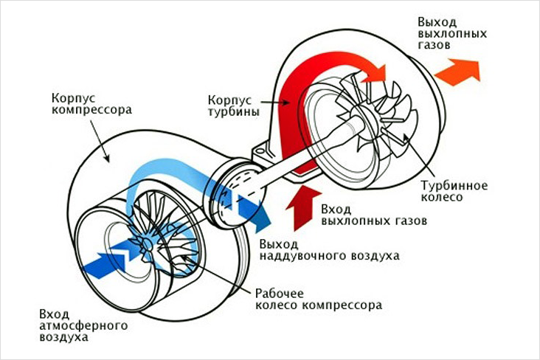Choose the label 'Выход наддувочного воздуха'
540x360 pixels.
pyautogui.click(x=328, y=250)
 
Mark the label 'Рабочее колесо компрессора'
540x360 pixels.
pyautogui.click(x=318, y=297)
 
